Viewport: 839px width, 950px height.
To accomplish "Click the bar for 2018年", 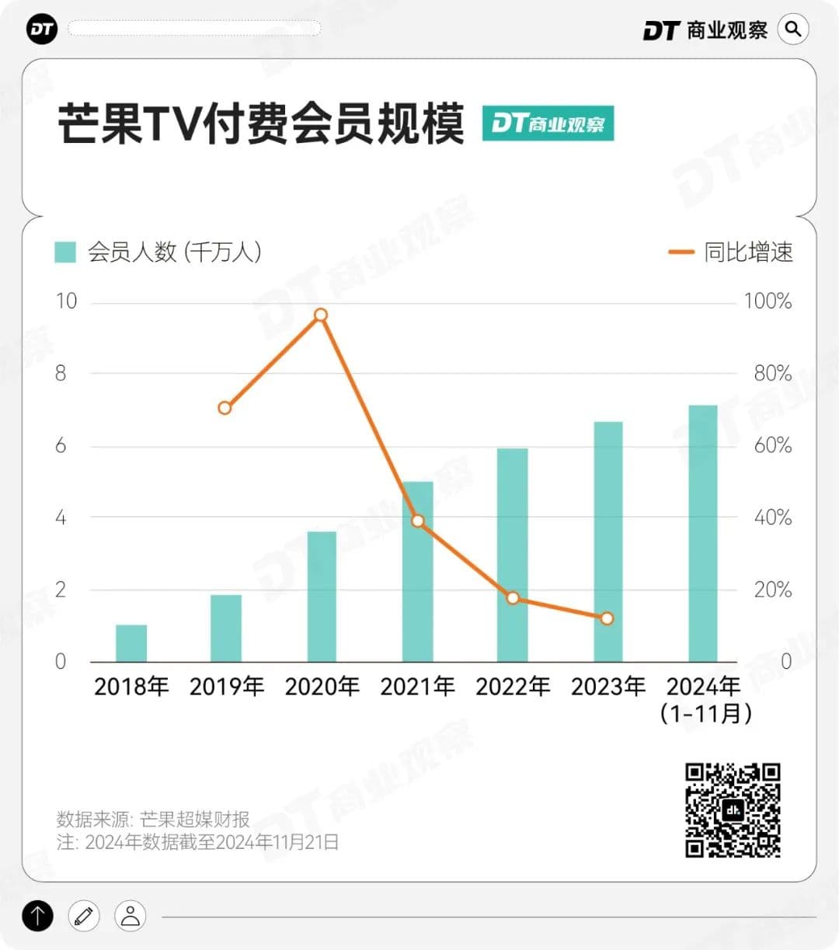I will point(131,643).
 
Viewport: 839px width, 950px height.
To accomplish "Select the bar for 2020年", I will point(322,597).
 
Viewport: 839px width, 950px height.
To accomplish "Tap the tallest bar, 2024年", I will point(703,534).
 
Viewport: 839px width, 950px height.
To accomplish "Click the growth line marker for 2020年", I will point(321,315).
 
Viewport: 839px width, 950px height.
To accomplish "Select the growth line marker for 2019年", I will point(225,408).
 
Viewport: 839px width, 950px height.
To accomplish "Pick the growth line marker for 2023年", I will point(607,618).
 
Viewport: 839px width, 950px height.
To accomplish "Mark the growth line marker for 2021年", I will point(418,521).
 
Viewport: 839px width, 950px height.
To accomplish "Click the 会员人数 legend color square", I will point(65,252).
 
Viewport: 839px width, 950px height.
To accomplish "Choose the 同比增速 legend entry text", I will point(748,252).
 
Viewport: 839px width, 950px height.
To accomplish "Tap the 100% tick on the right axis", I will point(768,301).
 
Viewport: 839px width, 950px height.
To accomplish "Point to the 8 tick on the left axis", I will point(61,374).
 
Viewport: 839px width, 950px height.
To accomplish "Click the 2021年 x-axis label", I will point(417,687).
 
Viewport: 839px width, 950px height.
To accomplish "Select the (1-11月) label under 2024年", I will point(705,713).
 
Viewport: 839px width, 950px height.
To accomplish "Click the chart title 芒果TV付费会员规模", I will point(261,124).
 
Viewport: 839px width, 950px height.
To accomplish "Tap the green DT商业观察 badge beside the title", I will point(548,124).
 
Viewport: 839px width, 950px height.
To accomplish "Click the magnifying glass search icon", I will point(793,30).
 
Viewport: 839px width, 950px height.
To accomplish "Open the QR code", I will point(733,810).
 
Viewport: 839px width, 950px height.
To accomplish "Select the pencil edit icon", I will point(84,916).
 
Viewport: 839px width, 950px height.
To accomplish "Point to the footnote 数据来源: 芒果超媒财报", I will point(153,819).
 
